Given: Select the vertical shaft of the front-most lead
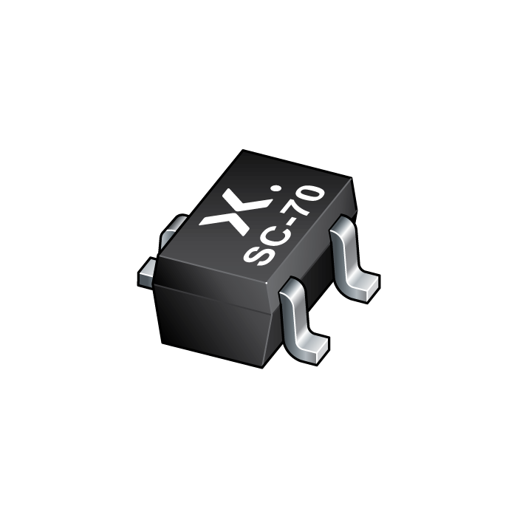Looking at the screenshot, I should (298, 314).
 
